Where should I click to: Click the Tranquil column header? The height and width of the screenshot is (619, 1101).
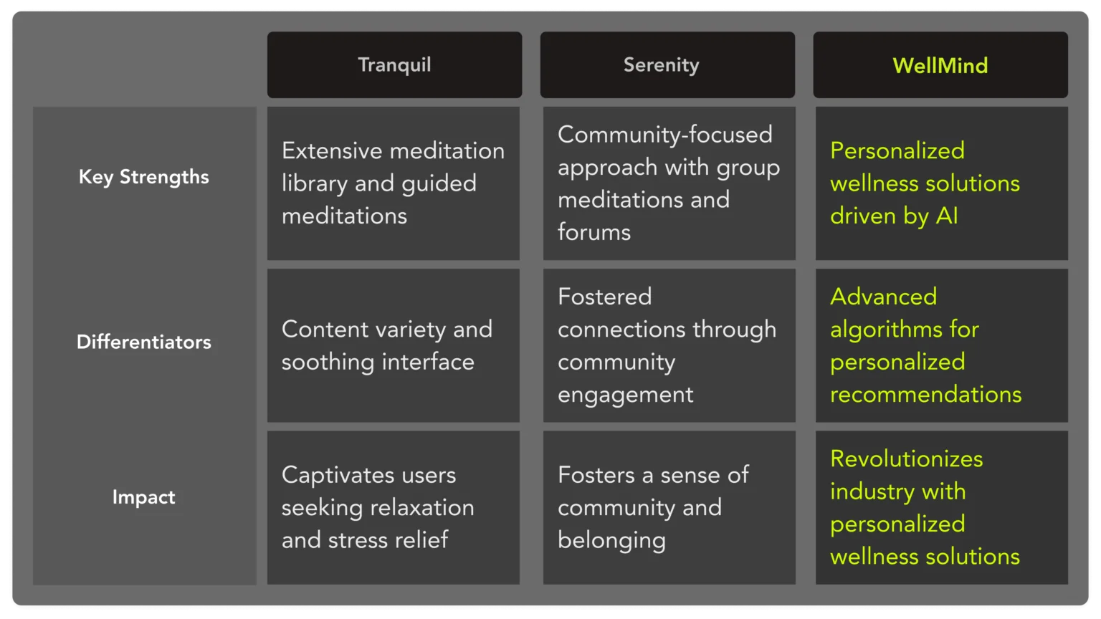tap(394, 64)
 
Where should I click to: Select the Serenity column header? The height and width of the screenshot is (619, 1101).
tap(661, 64)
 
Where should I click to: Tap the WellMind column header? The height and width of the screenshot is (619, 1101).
tap(940, 65)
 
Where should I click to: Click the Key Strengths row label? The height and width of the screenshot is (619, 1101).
tap(143, 177)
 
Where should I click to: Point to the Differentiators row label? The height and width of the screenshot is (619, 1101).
tap(143, 342)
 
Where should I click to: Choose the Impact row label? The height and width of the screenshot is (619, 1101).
tap(143, 497)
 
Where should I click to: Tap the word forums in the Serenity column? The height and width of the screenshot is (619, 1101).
tap(594, 232)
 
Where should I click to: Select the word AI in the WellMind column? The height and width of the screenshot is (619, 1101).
tap(947, 216)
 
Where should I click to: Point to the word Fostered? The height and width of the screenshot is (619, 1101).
tap(604, 297)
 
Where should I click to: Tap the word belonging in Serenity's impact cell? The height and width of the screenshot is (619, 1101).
tap(611, 540)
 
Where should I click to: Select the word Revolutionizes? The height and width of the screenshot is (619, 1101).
tap(906, 459)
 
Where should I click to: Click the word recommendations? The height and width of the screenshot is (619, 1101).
tap(925, 394)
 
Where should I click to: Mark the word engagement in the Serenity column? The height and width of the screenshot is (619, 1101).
tap(625, 395)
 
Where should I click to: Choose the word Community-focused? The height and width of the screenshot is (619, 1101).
tap(664, 134)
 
